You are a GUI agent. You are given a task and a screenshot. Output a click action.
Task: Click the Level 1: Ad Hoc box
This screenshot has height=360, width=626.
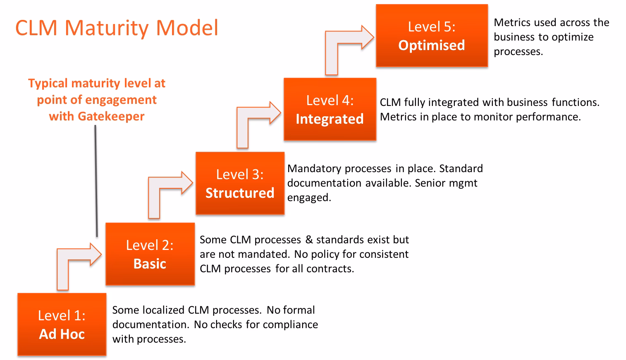[x=62, y=324]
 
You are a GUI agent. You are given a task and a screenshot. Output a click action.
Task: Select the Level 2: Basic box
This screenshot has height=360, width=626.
[x=150, y=254]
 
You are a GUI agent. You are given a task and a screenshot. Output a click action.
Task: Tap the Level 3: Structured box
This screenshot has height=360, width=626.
[x=240, y=183]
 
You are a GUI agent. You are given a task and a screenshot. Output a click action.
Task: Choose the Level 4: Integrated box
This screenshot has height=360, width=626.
[x=330, y=109]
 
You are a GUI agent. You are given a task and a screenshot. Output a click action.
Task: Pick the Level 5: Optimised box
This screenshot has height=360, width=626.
[x=432, y=36]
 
